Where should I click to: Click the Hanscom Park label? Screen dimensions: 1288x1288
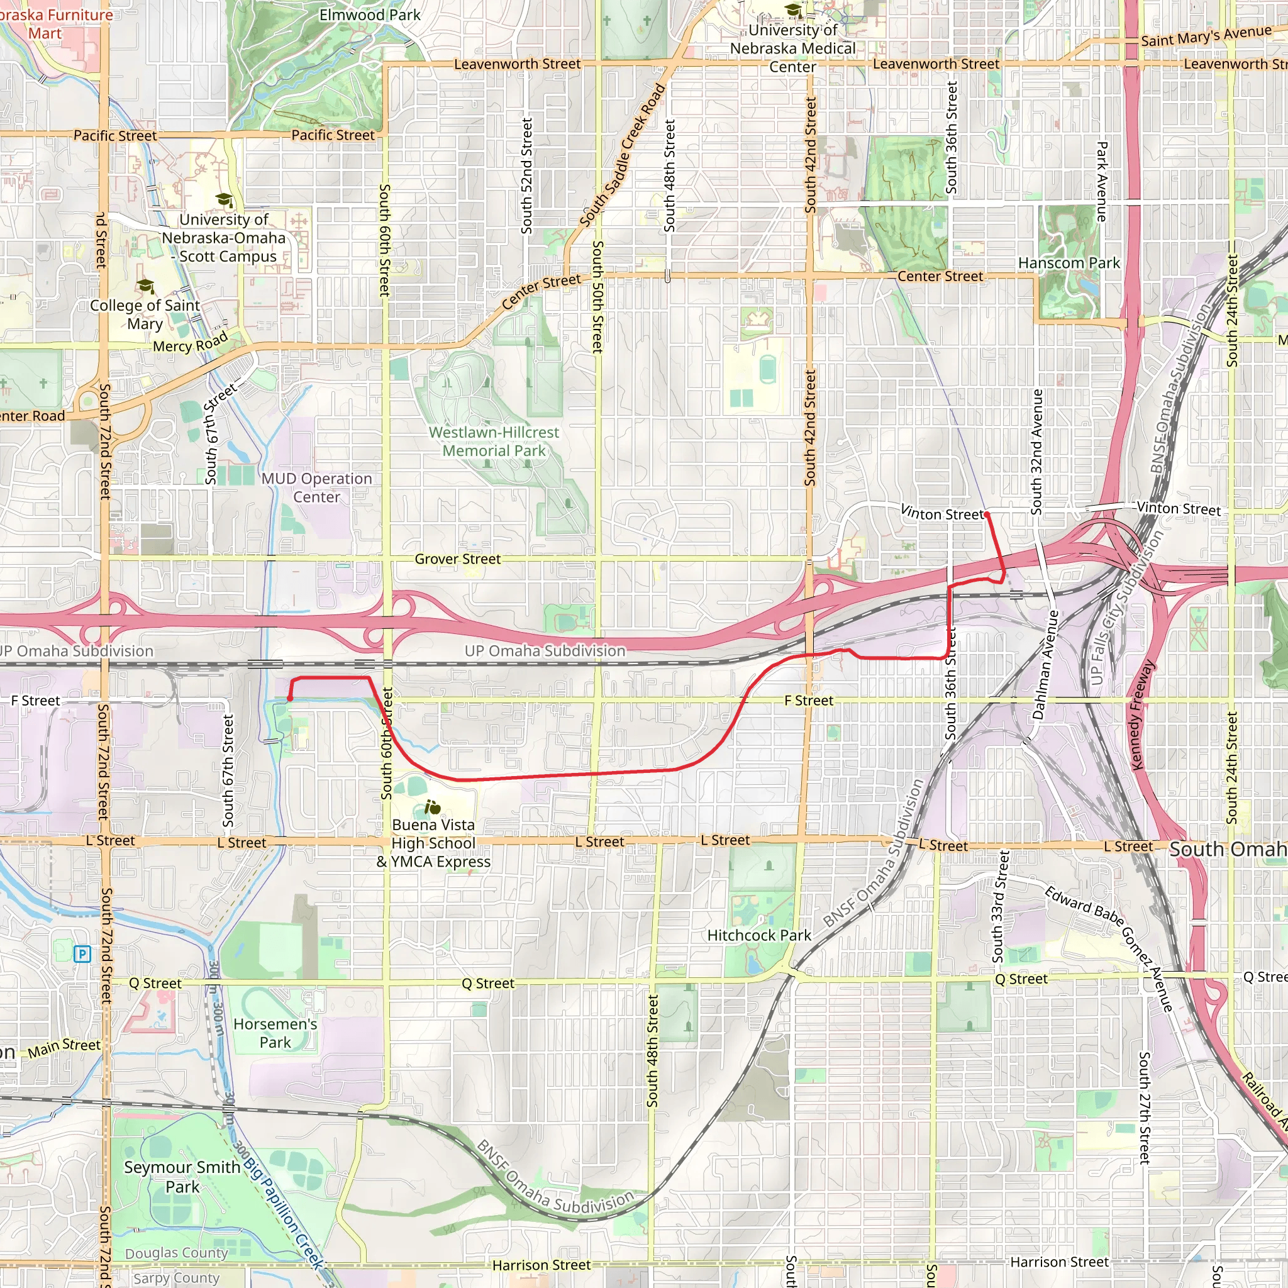[1069, 264]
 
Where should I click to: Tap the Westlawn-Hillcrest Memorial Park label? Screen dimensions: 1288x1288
[494, 441]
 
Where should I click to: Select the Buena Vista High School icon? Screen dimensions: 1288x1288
[433, 808]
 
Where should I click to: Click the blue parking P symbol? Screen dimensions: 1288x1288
[82, 954]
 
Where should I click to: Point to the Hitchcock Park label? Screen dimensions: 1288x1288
[758, 935]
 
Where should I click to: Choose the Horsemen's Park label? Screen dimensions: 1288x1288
[275, 1033]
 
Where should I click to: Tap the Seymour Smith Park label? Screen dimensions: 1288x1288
[182, 1177]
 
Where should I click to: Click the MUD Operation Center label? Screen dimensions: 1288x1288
[317, 487]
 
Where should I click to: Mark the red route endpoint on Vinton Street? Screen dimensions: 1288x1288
[987, 514]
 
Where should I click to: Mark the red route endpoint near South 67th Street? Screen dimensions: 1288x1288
[289, 699]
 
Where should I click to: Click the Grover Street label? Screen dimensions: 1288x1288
[457, 558]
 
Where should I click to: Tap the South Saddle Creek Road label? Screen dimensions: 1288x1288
[622, 155]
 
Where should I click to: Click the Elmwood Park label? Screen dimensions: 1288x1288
[369, 14]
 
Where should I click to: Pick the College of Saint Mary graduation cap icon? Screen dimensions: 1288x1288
[145, 287]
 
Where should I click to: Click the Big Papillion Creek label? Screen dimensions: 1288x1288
[284, 1213]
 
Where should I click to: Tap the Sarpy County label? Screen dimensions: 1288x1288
[176, 1278]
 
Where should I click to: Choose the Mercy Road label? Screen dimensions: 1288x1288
[191, 343]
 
